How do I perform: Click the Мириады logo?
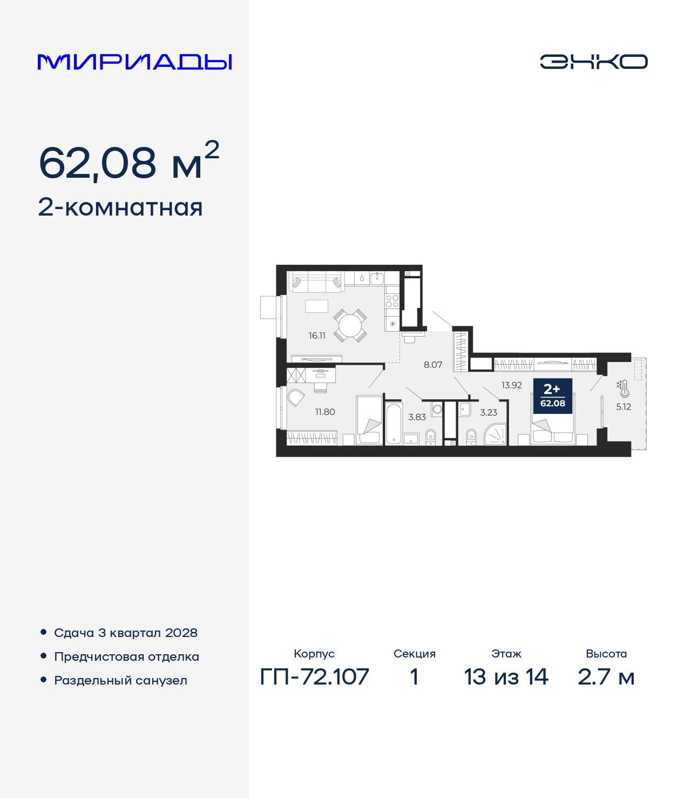[x=134, y=62]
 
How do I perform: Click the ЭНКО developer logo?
[x=593, y=62]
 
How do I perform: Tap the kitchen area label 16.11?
[x=317, y=336]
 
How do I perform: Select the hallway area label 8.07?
[x=433, y=365]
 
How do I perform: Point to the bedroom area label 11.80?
[x=325, y=412]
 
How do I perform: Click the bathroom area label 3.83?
[x=417, y=417]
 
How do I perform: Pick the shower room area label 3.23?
[x=489, y=412]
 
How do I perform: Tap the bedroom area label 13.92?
[x=511, y=385]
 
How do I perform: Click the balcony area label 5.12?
[x=624, y=407]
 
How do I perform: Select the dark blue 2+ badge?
[x=552, y=396]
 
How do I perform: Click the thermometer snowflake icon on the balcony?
[x=623, y=388]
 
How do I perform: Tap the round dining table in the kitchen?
[x=350, y=325]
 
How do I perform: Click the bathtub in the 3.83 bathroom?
[x=394, y=423]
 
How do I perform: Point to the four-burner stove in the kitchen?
[x=392, y=301]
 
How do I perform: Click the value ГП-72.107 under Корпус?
[x=314, y=676]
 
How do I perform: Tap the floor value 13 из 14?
[x=506, y=676]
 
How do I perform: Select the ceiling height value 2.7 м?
[x=606, y=676]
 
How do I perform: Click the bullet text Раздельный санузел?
[x=120, y=680]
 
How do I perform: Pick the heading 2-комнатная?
[x=120, y=207]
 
